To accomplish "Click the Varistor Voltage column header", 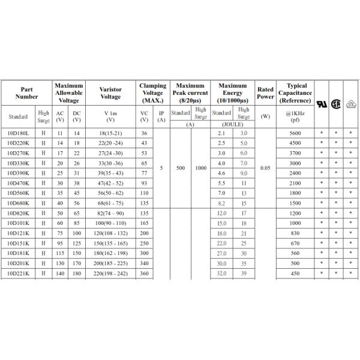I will point(110,93).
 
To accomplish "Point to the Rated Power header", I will point(265,93).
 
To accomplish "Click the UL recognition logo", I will point(322,103).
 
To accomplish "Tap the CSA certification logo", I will point(337,103).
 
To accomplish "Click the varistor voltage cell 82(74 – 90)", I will point(110,213).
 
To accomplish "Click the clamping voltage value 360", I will point(144,273).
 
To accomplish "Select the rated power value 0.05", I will point(265,168).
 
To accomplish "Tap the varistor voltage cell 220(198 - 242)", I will point(110,273).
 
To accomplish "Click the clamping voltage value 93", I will point(144,183).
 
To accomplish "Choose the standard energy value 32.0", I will point(221,273).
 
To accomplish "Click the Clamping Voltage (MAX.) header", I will point(152,93).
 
